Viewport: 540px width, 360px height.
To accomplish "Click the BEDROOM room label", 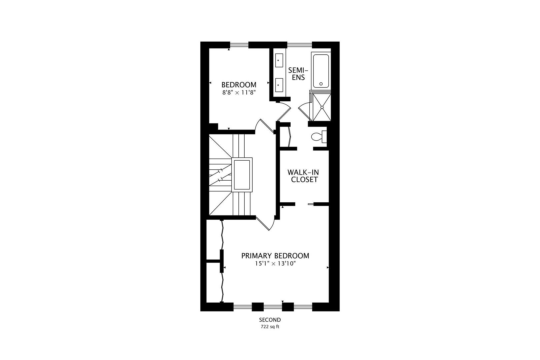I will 239,85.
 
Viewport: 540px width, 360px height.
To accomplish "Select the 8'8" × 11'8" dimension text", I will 239,93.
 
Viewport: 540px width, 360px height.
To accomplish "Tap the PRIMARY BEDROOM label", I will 275,256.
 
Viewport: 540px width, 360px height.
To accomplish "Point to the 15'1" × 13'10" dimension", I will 275,264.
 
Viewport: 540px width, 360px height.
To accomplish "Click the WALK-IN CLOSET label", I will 303,176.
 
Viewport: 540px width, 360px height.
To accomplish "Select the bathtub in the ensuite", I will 321,71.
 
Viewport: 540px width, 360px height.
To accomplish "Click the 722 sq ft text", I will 270,327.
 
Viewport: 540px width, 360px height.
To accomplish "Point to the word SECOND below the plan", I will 270,320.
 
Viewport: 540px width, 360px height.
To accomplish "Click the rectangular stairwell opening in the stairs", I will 242,174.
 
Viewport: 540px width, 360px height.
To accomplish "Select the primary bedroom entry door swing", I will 266,224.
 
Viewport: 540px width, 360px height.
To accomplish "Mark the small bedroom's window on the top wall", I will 239,45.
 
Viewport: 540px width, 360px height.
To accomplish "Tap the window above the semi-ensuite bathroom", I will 299,45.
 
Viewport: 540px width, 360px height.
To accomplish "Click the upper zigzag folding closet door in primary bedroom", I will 222,235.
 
